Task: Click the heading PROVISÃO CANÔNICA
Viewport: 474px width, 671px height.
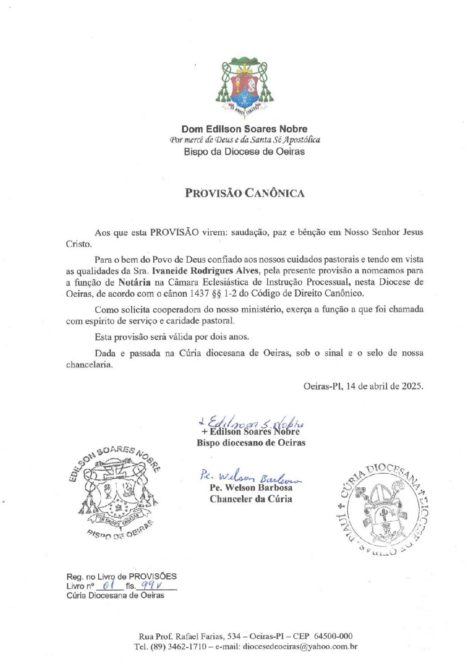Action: click(245, 193)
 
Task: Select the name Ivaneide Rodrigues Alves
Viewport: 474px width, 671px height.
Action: click(206, 271)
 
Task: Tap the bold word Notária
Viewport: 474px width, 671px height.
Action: click(134, 282)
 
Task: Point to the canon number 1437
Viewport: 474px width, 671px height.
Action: click(200, 294)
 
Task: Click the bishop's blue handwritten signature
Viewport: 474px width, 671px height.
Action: click(251, 422)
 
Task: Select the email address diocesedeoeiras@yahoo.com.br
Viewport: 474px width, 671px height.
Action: click(300, 647)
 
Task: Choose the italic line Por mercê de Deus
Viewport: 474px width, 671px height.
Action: click(245, 140)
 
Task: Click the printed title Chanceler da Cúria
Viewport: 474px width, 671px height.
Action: click(251, 499)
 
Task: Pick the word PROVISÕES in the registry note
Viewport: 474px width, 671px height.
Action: click(152, 576)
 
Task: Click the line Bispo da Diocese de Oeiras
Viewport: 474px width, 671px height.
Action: click(244, 152)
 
